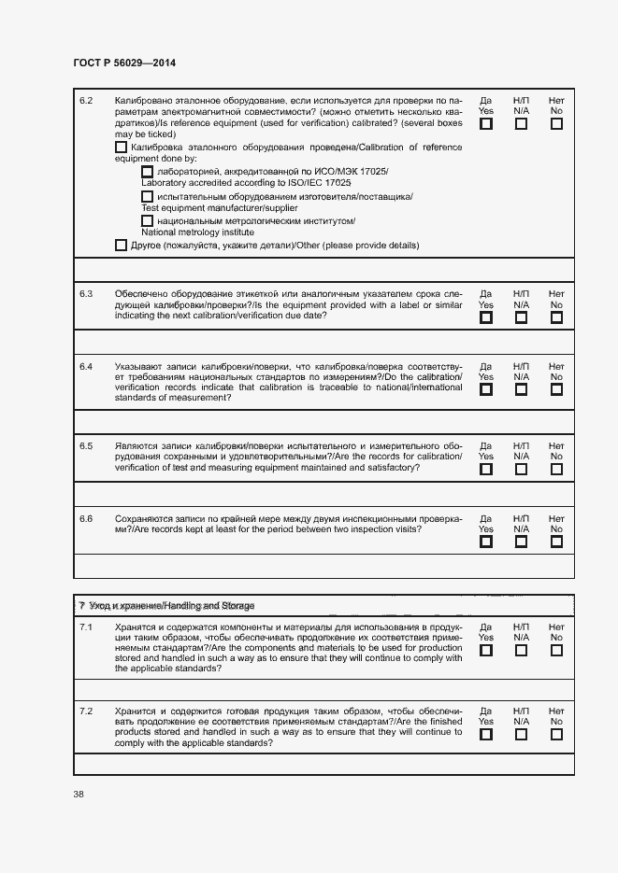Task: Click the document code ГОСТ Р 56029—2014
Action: (x=123, y=62)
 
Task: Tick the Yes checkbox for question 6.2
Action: (x=486, y=123)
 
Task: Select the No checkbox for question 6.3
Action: (x=556, y=317)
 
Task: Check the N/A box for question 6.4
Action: (x=521, y=389)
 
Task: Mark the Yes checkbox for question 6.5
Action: (x=486, y=470)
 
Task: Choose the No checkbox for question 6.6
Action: (x=556, y=542)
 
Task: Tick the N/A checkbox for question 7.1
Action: (x=521, y=650)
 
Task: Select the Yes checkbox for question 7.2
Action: (x=486, y=734)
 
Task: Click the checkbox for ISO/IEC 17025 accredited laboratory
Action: (x=147, y=173)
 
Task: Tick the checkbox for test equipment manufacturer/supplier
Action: (x=147, y=197)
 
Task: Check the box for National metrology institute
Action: (x=147, y=220)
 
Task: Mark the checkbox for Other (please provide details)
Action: (x=121, y=246)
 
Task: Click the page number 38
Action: (x=79, y=795)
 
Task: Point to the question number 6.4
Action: (x=86, y=366)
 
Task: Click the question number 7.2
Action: (x=86, y=711)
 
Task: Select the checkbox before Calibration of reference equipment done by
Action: (x=121, y=148)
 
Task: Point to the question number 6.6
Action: (x=86, y=518)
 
